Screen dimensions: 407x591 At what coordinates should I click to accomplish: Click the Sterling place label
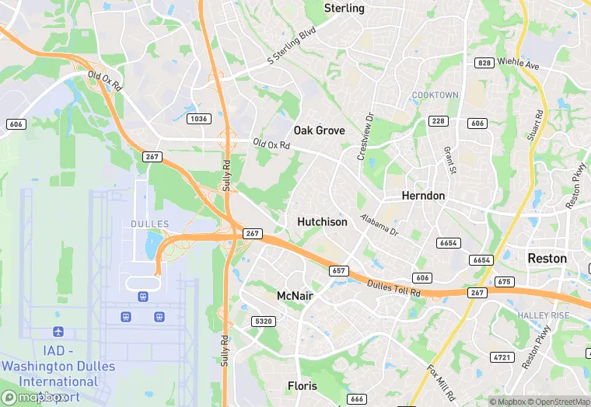click(344, 9)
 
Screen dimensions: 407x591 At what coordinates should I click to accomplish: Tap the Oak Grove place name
click(319, 130)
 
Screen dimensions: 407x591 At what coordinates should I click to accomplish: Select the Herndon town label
click(423, 196)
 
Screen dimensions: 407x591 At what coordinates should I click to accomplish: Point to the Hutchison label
click(322, 222)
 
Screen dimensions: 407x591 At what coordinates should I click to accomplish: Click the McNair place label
click(295, 296)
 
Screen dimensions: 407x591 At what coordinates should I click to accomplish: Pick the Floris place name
click(302, 386)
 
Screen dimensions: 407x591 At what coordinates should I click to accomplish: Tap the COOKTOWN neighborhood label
click(435, 96)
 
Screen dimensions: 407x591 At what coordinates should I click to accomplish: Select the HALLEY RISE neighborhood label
click(544, 315)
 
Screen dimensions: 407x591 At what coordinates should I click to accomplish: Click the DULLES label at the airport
click(145, 224)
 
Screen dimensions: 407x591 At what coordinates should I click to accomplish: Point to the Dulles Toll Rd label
click(394, 287)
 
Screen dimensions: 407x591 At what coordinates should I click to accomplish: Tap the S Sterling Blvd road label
click(293, 47)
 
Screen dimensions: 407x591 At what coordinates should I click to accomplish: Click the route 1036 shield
click(198, 118)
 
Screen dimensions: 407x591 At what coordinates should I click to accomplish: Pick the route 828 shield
click(484, 62)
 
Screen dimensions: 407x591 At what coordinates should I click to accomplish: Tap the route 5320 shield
click(264, 321)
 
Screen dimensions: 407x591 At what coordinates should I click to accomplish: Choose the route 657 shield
click(338, 270)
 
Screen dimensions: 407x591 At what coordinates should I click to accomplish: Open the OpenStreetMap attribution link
click(556, 402)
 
